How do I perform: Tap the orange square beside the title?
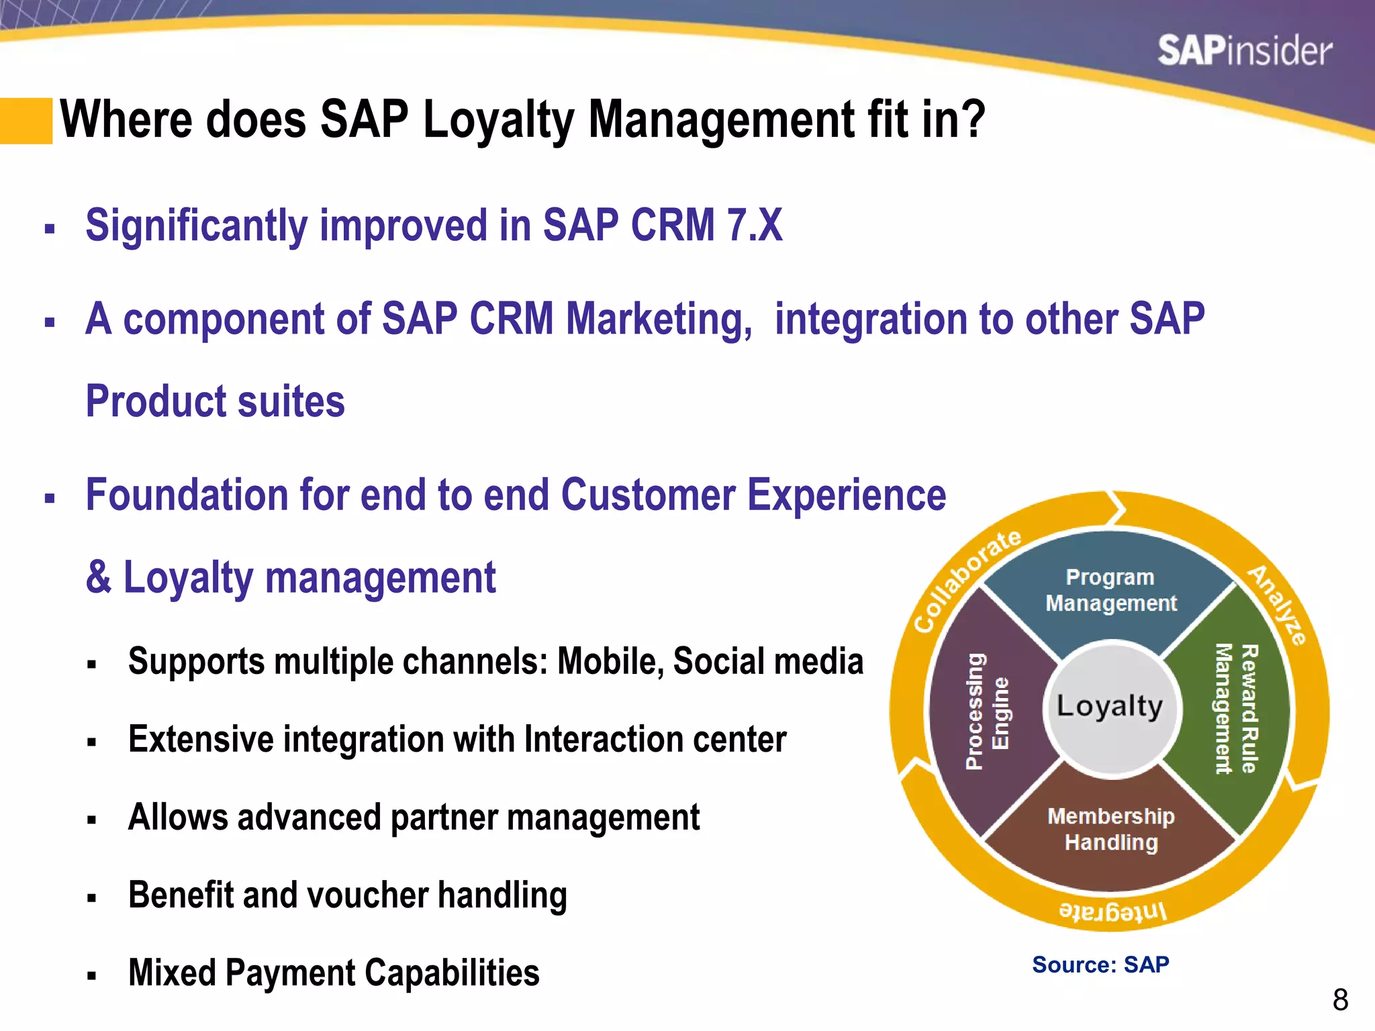[x=26, y=121]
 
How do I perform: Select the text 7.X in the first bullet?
[x=755, y=226]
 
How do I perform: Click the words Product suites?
[x=215, y=401]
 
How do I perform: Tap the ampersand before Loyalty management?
[x=99, y=577]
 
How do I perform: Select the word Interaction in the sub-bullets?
[x=604, y=739]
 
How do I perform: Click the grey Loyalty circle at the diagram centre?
[x=1110, y=707]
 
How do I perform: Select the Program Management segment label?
[x=1111, y=590]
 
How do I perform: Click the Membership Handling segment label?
[x=1111, y=829]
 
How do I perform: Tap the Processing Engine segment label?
[x=986, y=711]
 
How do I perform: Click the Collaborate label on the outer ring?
[x=966, y=581]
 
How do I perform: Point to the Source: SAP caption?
[x=1100, y=965]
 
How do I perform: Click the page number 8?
[x=1340, y=1000]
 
